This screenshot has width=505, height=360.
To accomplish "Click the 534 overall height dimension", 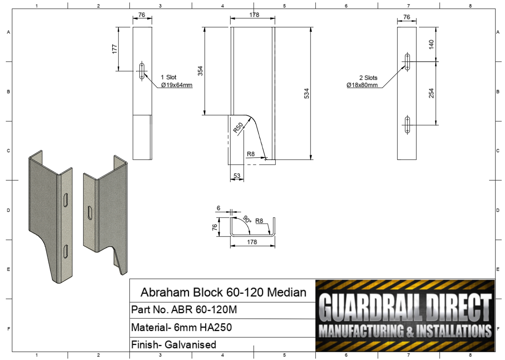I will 306,93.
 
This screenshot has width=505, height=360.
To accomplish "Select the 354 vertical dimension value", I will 200,71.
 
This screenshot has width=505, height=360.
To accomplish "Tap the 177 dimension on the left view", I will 115,49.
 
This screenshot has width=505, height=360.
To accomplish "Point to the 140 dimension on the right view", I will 431,44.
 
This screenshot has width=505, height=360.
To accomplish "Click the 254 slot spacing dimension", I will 431,93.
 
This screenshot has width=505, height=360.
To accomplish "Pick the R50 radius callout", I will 238,128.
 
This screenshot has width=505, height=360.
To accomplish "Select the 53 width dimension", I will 237,175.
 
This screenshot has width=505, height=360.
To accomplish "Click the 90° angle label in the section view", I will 247,219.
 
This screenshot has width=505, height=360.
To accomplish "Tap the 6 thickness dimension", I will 218,208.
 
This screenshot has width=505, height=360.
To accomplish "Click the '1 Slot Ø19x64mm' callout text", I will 176,81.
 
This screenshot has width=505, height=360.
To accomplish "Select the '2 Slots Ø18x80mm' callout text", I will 363,81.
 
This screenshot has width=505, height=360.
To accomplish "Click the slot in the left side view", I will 142,71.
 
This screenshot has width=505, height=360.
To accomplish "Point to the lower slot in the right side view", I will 407,125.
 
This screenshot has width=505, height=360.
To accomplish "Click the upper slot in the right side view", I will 407,62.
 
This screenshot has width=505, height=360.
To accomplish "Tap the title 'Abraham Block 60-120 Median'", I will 223,292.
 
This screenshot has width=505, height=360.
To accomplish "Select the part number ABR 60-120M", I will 184,310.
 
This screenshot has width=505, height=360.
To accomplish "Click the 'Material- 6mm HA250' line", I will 181,327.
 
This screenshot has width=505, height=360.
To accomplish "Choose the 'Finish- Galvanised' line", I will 174,345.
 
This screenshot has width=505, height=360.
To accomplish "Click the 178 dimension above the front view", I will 254,15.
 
